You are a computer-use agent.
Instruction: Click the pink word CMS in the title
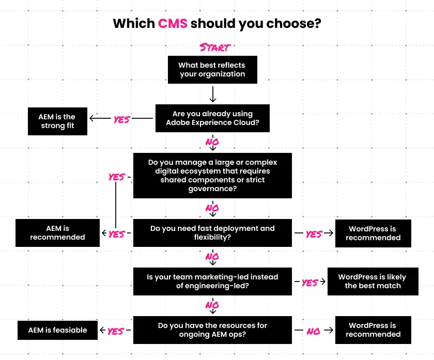coord(173,23)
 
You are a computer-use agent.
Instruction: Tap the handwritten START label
coord(214,48)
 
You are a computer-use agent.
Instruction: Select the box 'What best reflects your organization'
coord(212,70)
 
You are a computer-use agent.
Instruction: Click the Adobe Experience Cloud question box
coord(212,118)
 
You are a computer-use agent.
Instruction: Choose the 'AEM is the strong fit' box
coord(57,121)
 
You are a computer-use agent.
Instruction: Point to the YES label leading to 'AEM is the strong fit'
coord(121,119)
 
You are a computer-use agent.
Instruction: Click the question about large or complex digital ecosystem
coord(212,176)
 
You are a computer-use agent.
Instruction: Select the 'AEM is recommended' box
coord(57,233)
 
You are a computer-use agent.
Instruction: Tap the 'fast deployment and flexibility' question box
coord(212,233)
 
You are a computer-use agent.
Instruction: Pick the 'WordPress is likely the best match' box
coord(373,281)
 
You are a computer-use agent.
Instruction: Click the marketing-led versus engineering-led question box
coord(212,281)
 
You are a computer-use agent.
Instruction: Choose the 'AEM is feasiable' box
coord(57,330)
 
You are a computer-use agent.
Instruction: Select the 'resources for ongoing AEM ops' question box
coord(212,330)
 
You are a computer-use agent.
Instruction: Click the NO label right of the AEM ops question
coord(314,332)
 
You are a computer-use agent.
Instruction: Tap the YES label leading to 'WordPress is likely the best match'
coord(309,283)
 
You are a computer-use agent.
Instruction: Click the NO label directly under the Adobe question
coord(212,142)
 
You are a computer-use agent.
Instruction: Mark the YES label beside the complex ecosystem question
coord(116,177)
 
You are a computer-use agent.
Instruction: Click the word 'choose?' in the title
coord(291,23)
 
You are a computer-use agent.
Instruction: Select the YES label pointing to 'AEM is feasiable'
coord(116,331)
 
